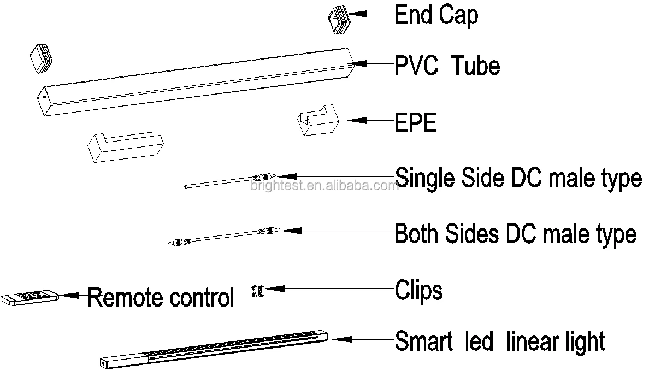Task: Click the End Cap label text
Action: pyautogui.click(x=435, y=15)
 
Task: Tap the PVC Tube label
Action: pyautogui.click(x=447, y=66)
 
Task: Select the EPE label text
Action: pyautogui.click(x=416, y=123)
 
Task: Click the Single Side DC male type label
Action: pyautogui.click(x=518, y=178)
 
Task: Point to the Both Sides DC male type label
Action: pyautogui.click(x=515, y=234)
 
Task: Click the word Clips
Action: pyautogui.click(x=418, y=290)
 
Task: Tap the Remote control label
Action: pyautogui.click(x=161, y=298)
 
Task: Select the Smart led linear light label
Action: pyautogui.click(x=500, y=341)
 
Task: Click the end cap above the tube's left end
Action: pyautogui.click(x=42, y=57)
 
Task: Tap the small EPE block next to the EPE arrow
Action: pyautogui.click(x=317, y=119)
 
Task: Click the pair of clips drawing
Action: pyautogui.click(x=256, y=291)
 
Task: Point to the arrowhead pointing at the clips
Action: pyautogui.click(x=273, y=288)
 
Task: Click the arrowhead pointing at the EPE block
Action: pyautogui.click(x=355, y=120)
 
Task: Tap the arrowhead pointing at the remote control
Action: pyautogui.click(x=69, y=295)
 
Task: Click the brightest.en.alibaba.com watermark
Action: pyautogui.click(x=324, y=186)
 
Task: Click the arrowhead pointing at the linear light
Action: pyautogui.click(x=339, y=339)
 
